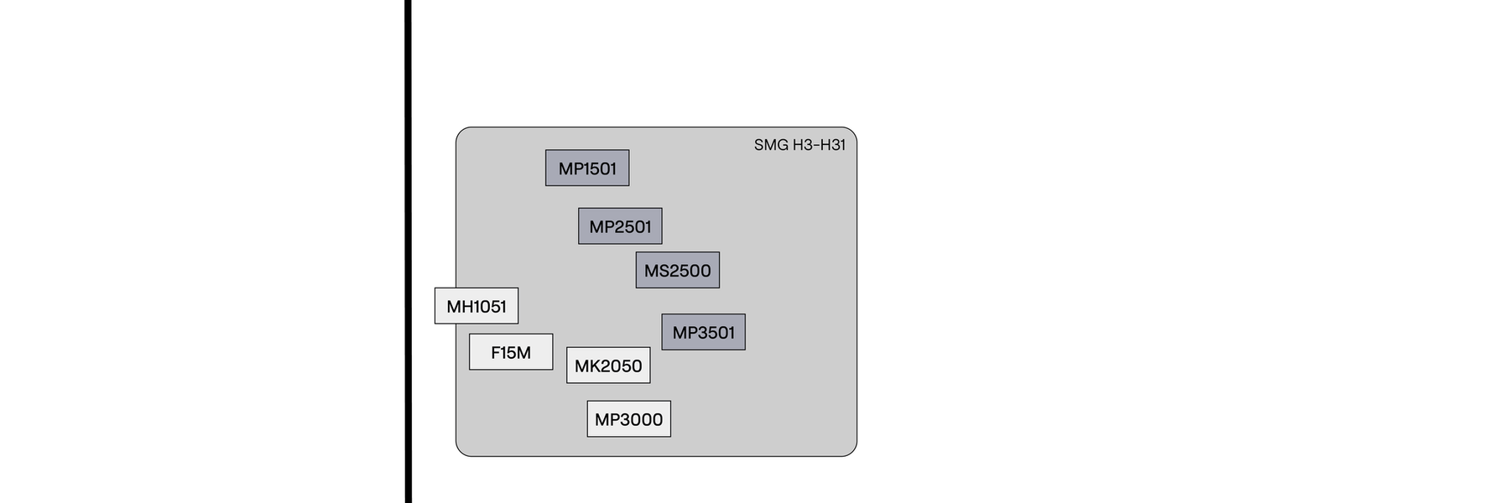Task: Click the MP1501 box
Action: tap(587, 168)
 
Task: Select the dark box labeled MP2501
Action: tap(620, 226)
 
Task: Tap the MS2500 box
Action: tap(677, 270)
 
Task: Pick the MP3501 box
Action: tap(703, 332)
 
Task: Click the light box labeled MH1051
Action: tap(476, 306)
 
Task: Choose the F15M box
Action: tap(510, 352)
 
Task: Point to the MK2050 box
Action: tap(608, 366)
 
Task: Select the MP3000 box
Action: tap(628, 419)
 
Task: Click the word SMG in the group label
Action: tap(771, 145)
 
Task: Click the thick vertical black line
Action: tap(409, 251)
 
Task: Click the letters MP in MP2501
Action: tap(601, 227)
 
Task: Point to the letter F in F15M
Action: tap(496, 353)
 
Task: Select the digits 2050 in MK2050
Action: tap(621, 366)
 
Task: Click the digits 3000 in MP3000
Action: tap(641, 420)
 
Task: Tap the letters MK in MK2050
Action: tap(586, 366)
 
